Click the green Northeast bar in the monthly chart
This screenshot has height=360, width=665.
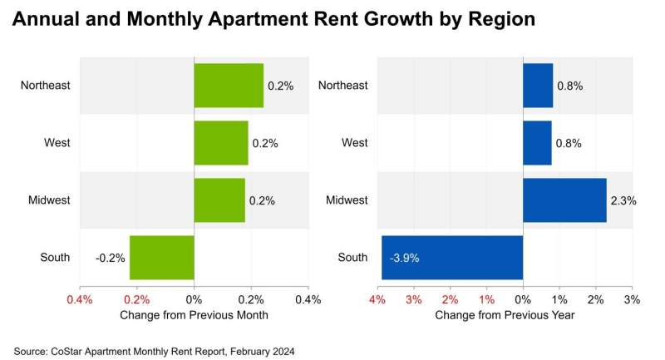[x=229, y=86]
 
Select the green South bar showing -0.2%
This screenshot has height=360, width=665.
[x=161, y=258]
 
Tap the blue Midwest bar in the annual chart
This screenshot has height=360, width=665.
[x=564, y=200]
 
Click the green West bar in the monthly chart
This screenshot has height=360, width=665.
[x=221, y=143]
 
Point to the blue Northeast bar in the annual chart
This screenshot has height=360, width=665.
[x=538, y=86]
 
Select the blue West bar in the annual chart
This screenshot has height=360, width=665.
[x=537, y=143]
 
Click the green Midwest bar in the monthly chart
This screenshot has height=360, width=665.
[x=219, y=200]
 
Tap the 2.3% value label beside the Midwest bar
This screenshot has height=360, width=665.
[x=622, y=200]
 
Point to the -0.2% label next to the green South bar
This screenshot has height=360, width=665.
[x=110, y=258]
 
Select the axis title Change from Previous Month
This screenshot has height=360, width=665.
[x=194, y=315]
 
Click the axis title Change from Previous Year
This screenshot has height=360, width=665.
[x=505, y=315]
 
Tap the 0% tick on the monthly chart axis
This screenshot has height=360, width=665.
[x=194, y=299]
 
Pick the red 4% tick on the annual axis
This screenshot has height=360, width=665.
[x=377, y=299]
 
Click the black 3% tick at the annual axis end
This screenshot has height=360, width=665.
[x=632, y=299]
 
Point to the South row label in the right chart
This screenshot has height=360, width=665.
[x=353, y=258]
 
